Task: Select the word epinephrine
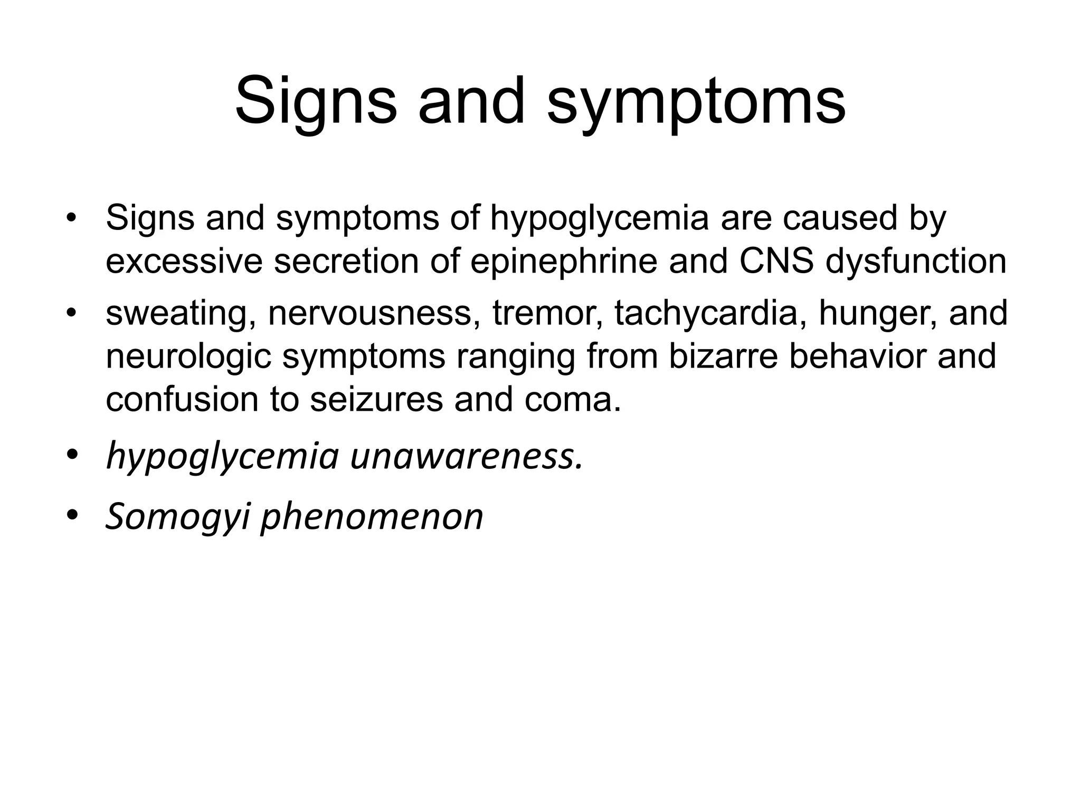pos(564,262)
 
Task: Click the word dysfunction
pos(916,262)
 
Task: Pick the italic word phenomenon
pos(372,517)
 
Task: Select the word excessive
pos(184,262)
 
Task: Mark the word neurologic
pos(188,356)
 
